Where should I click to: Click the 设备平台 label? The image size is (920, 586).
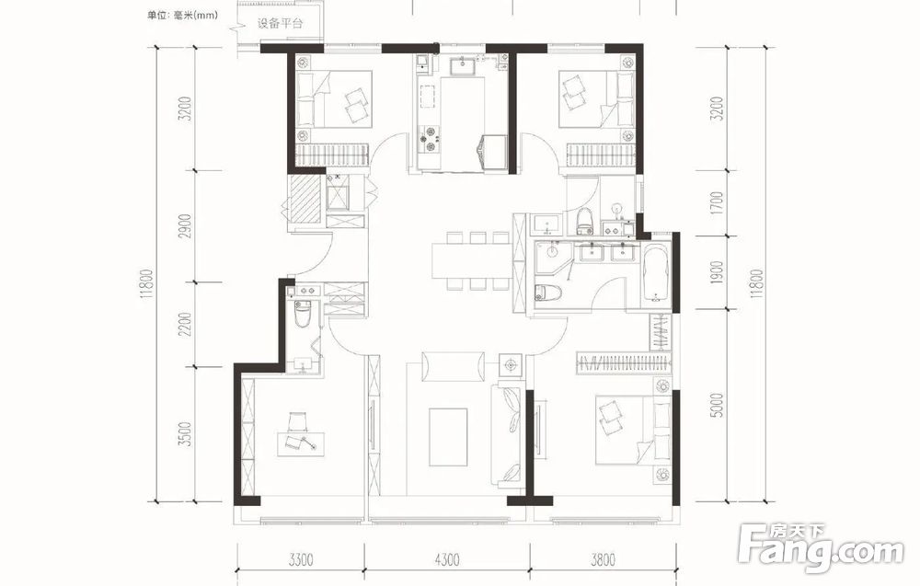[280, 24]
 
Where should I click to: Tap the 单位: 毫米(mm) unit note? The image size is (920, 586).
[182, 16]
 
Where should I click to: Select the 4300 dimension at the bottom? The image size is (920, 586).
[447, 559]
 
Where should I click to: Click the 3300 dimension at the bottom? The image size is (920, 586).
[301, 559]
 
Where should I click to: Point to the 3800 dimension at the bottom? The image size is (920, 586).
[604, 559]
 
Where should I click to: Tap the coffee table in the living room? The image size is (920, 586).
[449, 438]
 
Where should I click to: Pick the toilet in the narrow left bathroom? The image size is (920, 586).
[302, 313]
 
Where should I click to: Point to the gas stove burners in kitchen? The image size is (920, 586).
[427, 140]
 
